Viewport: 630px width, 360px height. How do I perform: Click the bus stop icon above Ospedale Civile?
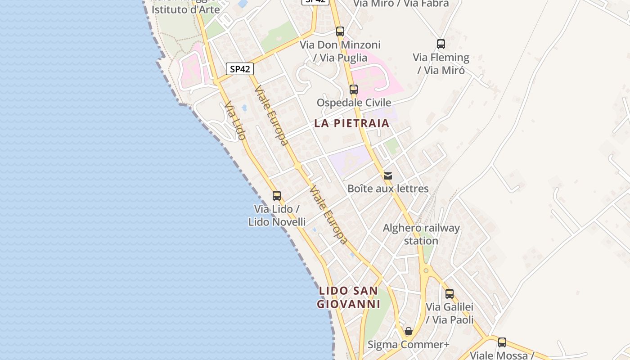point(354,89)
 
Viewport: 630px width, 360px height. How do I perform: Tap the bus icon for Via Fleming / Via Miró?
point(441,44)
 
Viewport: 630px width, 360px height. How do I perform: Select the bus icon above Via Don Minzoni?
point(340,31)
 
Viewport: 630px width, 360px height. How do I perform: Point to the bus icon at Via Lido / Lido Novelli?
point(277,196)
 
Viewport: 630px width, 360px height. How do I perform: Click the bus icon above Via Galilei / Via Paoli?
point(450,294)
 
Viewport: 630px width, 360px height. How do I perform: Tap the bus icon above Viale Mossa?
point(502,342)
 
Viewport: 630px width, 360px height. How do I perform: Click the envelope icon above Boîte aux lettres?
point(388,175)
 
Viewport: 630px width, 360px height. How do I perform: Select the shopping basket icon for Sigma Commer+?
point(409,332)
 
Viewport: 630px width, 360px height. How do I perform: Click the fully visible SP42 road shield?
point(240,69)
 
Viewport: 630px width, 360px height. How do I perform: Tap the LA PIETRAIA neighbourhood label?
point(351,123)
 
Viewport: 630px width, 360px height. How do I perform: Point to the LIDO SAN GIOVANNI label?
point(349,297)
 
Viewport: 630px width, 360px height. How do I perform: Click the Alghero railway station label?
point(421,234)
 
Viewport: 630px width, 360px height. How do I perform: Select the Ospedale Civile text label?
point(354,103)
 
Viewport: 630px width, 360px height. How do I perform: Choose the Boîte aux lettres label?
point(388,189)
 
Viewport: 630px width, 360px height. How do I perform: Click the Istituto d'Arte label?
point(185,9)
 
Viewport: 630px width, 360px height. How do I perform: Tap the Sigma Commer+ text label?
point(409,345)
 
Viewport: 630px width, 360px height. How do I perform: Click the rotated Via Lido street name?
point(235,121)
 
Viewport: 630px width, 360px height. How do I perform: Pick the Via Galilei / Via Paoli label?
point(450,313)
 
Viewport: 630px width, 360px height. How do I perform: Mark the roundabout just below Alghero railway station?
point(426,270)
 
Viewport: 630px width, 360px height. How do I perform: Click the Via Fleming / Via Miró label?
point(441,64)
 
